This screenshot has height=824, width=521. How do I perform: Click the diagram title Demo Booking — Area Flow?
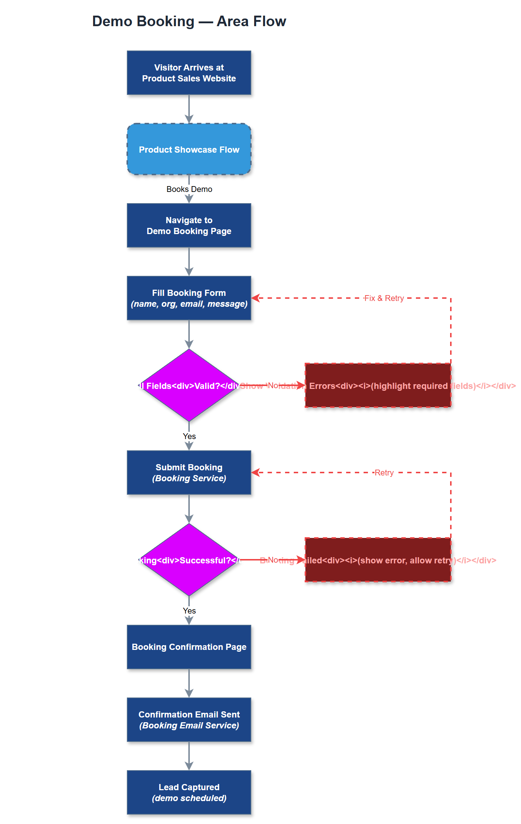tap(189, 21)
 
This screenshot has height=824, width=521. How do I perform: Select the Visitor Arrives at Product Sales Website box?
tap(189, 73)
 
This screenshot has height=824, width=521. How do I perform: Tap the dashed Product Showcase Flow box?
tap(189, 149)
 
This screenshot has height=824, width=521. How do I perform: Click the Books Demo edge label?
tap(189, 189)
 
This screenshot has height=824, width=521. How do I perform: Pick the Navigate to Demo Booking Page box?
tap(189, 225)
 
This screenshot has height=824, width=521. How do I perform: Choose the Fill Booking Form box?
tap(189, 298)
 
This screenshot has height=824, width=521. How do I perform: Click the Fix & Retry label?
tap(384, 298)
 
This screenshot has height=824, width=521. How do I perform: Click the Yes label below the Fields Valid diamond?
tap(189, 436)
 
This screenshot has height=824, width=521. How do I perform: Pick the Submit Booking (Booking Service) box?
tap(189, 473)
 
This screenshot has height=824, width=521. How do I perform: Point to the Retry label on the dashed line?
tap(384, 473)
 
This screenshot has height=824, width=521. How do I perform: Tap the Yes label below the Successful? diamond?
tap(189, 611)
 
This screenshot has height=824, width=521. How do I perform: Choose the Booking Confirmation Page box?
tap(189, 647)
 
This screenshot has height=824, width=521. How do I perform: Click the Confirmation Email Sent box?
tap(189, 720)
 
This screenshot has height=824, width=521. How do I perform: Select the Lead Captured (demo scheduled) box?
tap(189, 792)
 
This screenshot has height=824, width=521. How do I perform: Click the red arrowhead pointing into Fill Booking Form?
tap(255, 298)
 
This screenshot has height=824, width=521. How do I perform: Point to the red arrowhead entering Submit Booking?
tap(255, 473)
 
